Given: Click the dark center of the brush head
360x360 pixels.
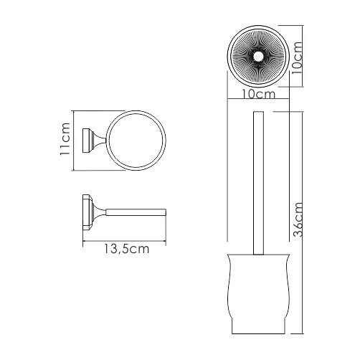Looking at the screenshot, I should pos(258,57).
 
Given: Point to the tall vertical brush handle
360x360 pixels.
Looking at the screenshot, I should pos(259,186).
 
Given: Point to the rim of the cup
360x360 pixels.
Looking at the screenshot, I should pos(259,254).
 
